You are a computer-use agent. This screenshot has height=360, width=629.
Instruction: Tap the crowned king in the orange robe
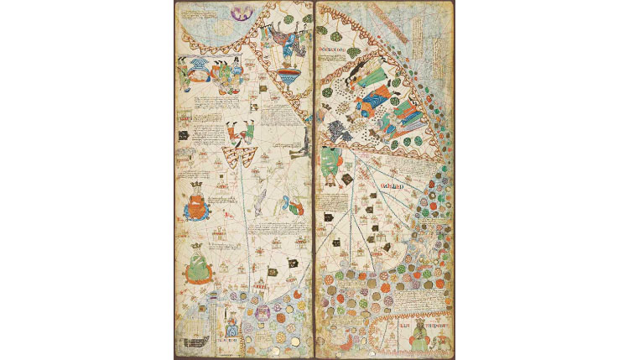(195, 202)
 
